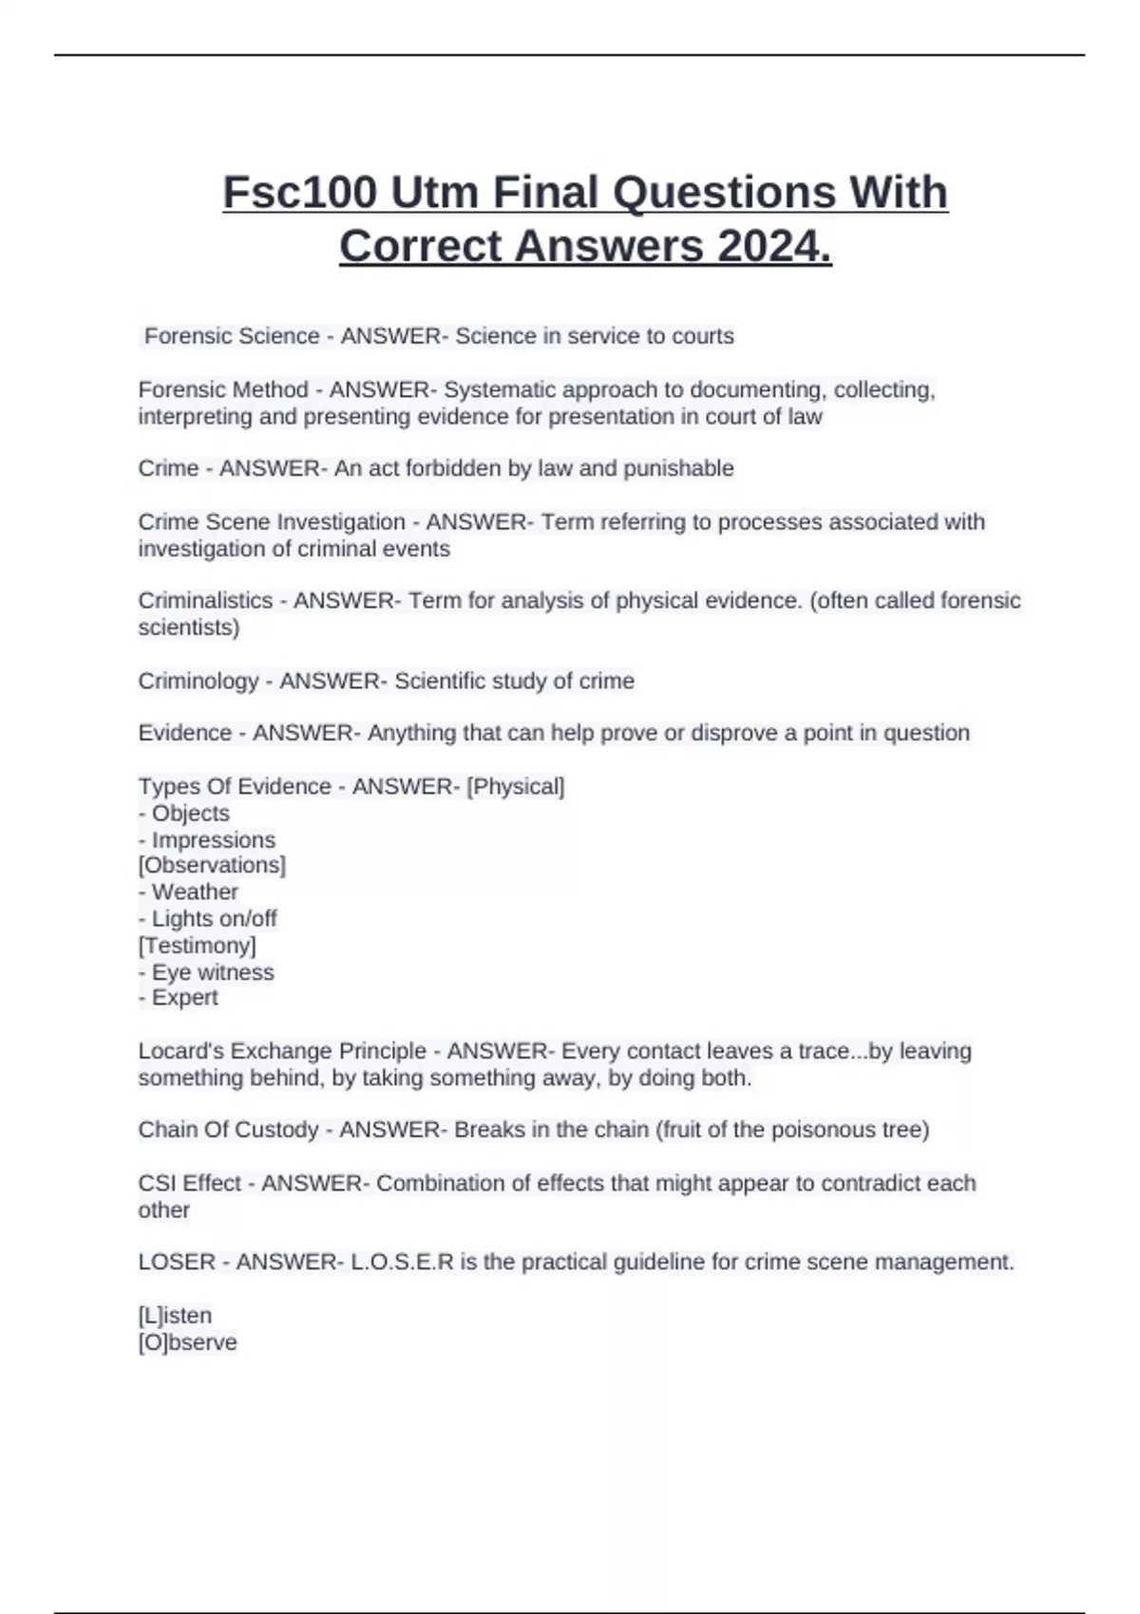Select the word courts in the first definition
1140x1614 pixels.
click(703, 336)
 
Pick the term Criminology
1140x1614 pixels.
click(199, 681)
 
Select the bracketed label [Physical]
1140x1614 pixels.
click(516, 786)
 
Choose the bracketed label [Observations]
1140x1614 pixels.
click(212, 865)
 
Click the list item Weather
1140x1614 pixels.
click(195, 892)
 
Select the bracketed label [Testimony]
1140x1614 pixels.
click(198, 946)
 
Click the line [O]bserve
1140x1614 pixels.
click(188, 1342)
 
